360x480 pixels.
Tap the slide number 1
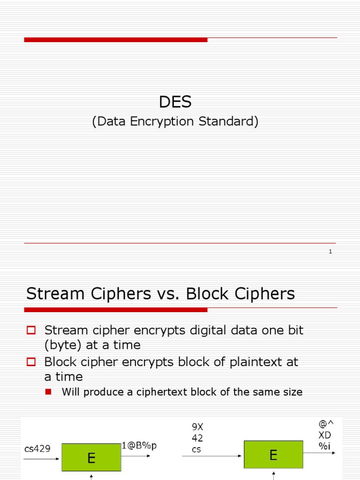pyautogui.click(x=330, y=252)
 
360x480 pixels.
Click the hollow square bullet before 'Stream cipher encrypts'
pyautogui.click(x=31, y=330)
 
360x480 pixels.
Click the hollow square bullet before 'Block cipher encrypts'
pyautogui.click(x=31, y=362)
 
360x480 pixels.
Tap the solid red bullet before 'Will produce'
pyautogui.click(x=48, y=392)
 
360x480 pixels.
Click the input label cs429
pyautogui.click(x=37, y=449)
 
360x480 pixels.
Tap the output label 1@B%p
pyautogui.click(x=139, y=445)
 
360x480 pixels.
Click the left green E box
pyautogui.click(x=91, y=457)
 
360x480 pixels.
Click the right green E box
pyautogui.click(x=273, y=454)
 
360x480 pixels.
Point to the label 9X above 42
pyautogui.click(x=197, y=427)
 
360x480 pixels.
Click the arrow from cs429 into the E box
pyautogui.click(x=42, y=458)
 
